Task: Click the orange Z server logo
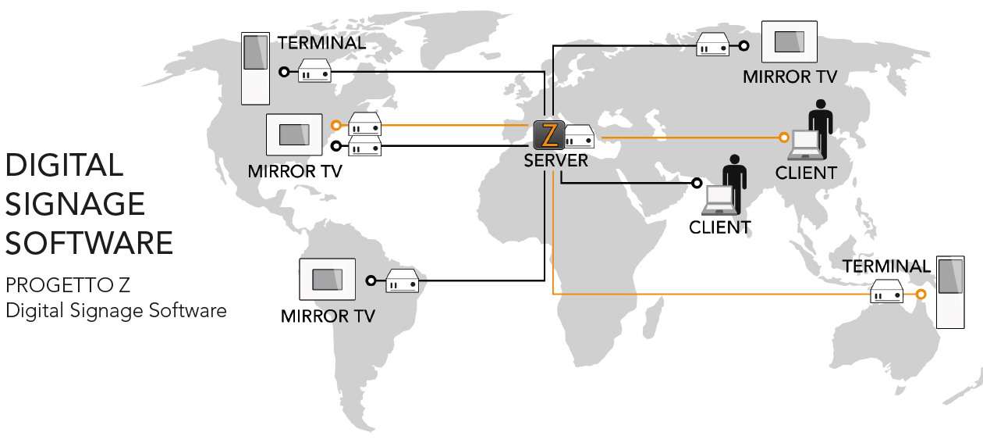click(x=549, y=135)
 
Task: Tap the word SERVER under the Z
click(x=556, y=161)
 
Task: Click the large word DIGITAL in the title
click(x=64, y=166)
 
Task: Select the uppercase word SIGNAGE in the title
click(x=75, y=205)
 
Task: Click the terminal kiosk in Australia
click(x=949, y=291)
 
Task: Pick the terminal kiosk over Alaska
click(x=255, y=69)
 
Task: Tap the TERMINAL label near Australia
click(x=886, y=266)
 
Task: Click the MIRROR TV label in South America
click(x=328, y=316)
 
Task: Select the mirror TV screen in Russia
click(x=789, y=41)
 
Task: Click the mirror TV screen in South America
click(x=327, y=279)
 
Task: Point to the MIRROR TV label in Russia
click(x=790, y=77)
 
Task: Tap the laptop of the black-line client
click(x=719, y=202)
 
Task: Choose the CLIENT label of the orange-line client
click(x=806, y=173)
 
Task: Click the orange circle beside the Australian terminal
click(x=921, y=295)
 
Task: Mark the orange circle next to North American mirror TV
click(x=335, y=125)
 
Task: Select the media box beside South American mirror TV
click(x=403, y=280)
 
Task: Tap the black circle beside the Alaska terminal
click(x=284, y=72)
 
